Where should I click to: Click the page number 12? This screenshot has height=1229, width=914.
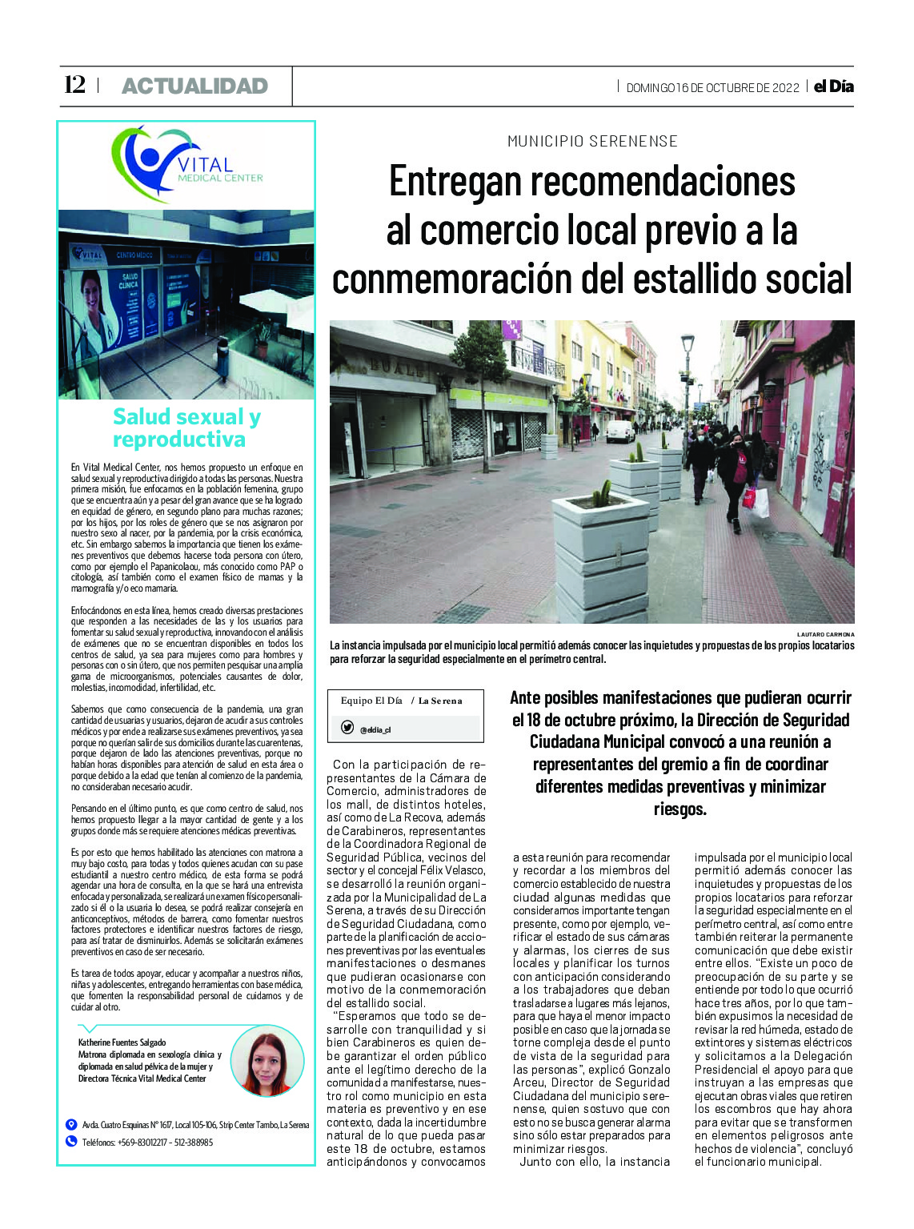74,85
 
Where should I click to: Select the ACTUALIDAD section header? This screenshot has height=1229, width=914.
194,86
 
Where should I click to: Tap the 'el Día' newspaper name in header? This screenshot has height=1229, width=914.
833,86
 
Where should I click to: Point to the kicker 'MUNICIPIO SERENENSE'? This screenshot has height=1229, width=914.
592,142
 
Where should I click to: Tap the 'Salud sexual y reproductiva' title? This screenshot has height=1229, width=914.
186,428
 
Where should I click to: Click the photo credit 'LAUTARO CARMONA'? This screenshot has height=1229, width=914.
825,634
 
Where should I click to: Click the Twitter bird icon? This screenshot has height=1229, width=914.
347,728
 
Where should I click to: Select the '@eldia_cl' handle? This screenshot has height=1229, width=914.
375,729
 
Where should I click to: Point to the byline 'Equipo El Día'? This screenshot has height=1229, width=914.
371,701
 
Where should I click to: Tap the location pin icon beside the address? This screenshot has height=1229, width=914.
71,1124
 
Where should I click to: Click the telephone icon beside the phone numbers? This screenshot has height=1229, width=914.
71,1142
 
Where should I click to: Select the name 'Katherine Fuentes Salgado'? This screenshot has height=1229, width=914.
122,1042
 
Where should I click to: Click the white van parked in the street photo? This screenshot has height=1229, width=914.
619,432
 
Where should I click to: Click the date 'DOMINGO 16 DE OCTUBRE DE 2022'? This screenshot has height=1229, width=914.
712,87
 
